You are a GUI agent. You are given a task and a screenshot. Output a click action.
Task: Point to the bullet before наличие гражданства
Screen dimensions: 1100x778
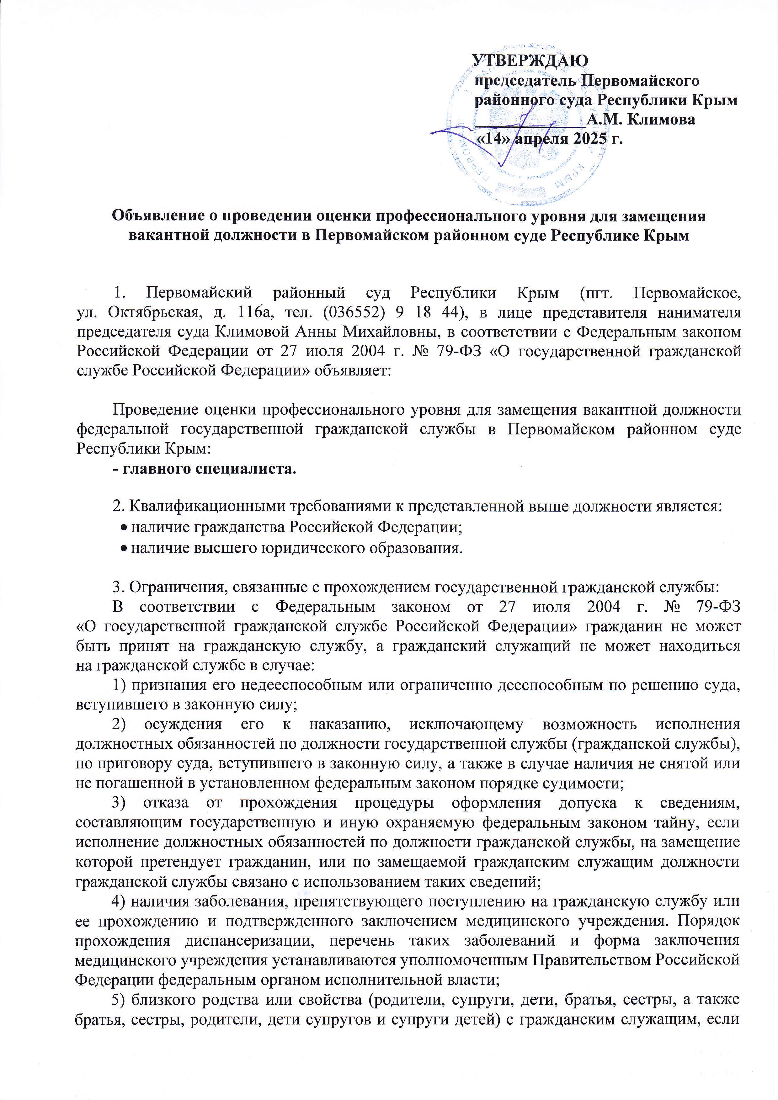(124, 529)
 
